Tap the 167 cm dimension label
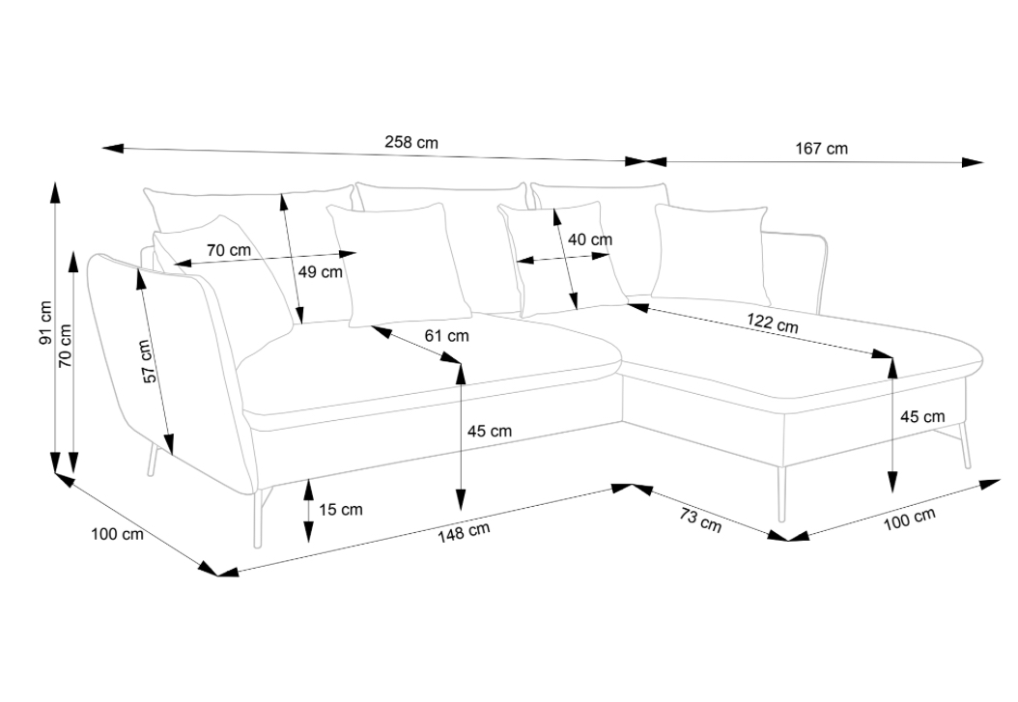point(821,149)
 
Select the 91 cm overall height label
point(44,323)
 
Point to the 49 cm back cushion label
point(320,272)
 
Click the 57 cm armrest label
point(147,361)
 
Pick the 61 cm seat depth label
point(446,336)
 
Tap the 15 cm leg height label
point(341,509)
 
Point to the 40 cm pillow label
point(589,239)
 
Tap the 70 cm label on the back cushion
point(228,249)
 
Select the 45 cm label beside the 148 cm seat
point(490,432)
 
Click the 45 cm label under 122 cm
point(921,417)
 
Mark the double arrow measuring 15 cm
point(308,510)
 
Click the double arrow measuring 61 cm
point(415,345)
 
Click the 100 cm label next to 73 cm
point(909,519)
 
